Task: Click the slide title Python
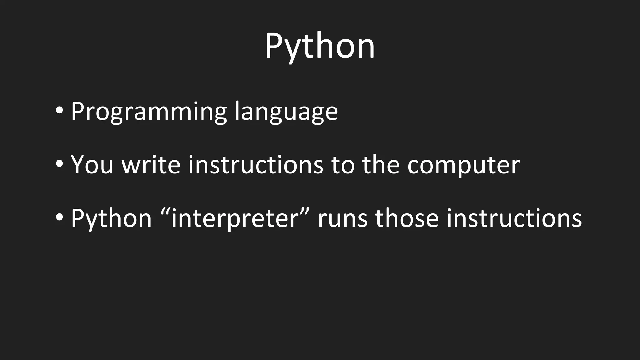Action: [x=320, y=46]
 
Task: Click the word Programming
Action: [x=149, y=111]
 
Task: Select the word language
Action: [x=286, y=111]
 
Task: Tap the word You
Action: [x=92, y=165]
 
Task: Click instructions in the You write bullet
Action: [x=256, y=165]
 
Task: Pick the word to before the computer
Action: [x=343, y=165]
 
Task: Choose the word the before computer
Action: [x=381, y=165]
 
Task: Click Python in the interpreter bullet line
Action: [x=111, y=218]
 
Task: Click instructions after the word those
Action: [x=514, y=218]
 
